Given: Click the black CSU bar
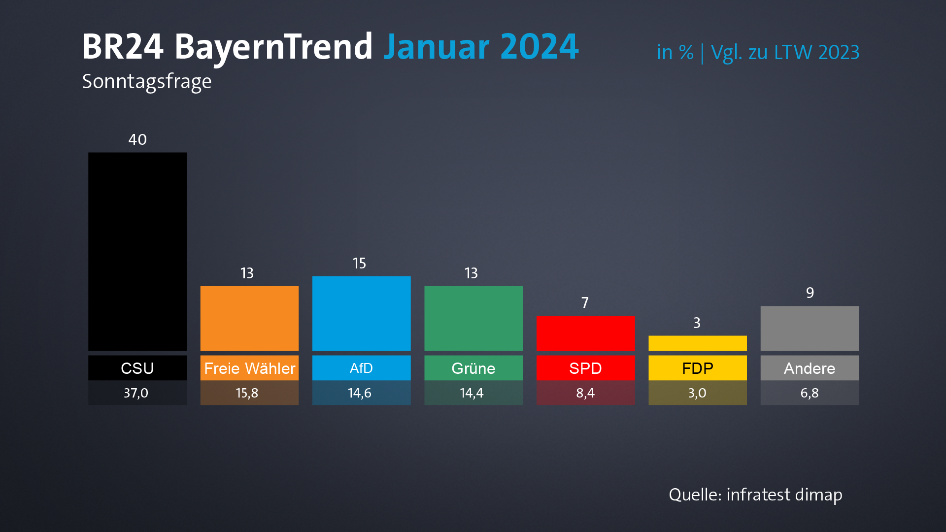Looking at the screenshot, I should pyautogui.click(x=137, y=251).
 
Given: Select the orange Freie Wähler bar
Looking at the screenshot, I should pyautogui.click(x=249, y=318).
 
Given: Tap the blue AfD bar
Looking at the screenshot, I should pyautogui.click(x=361, y=313).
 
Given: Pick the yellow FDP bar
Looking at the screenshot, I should pyautogui.click(x=697, y=343).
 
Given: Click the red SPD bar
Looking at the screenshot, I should pyautogui.click(x=585, y=333).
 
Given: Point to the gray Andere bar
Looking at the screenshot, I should pyautogui.click(x=810, y=328).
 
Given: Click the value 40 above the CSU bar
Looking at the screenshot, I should pyautogui.click(x=137, y=140).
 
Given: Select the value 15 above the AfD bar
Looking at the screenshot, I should pyautogui.click(x=359, y=264).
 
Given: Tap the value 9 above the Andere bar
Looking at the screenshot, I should pyautogui.click(x=810, y=293).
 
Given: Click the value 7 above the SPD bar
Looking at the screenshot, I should pyautogui.click(x=585, y=302).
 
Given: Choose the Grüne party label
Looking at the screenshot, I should pyautogui.click(x=473, y=368).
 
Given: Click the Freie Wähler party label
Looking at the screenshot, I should pyautogui.click(x=249, y=368).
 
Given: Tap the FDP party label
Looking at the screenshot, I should pyautogui.click(x=697, y=368).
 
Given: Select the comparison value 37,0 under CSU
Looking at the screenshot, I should pyautogui.click(x=136, y=393).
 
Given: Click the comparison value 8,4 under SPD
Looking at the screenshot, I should pyautogui.click(x=585, y=393).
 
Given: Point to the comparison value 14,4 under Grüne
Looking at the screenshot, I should pyautogui.click(x=472, y=393).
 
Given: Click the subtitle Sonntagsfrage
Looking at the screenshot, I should pyautogui.click(x=147, y=82).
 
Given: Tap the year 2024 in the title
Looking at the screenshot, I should pyautogui.click(x=539, y=47).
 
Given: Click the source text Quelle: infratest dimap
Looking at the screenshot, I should pyautogui.click(x=755, y=495).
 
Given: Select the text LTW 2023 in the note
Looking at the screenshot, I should pyautogui.click(x=816, y=52).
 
